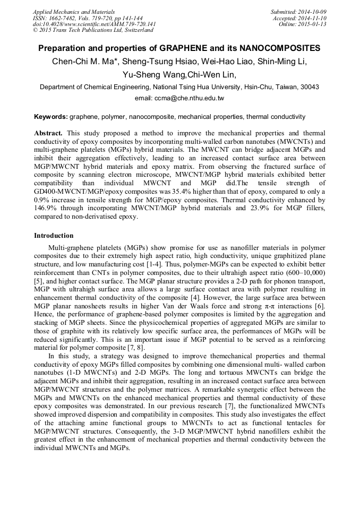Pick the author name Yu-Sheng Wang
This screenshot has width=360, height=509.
(150, 74)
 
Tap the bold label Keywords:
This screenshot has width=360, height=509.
(50, 116)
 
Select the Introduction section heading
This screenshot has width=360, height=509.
(54, 235)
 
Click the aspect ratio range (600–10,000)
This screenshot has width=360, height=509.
(305, 272)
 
